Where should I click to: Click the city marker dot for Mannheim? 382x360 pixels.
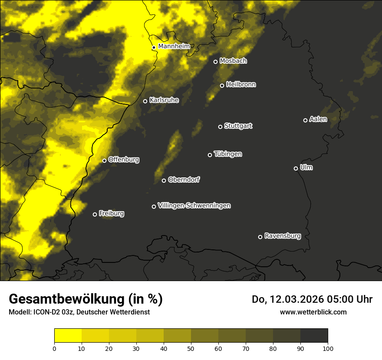(154, 48)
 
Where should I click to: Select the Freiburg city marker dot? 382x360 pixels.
(95, 214)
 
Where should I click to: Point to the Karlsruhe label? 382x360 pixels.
(164, 100)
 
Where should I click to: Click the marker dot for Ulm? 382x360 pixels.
(296, 168)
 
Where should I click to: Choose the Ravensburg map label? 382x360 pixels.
(283, 236)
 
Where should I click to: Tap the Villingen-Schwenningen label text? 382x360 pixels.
(194, 206)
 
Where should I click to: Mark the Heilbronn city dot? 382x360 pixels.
(222, 85)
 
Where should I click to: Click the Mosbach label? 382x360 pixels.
(233, 61)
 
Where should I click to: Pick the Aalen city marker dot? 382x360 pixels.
(306, 120)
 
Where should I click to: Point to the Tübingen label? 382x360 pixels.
(228, 154)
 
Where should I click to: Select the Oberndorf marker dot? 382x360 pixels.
(164, 180)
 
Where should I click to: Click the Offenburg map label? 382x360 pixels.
(124, 160)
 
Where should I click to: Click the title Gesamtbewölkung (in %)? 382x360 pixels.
(86, 299)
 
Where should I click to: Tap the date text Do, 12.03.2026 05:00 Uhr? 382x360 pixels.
(312, 299)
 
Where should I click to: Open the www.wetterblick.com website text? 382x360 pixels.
(313, 312)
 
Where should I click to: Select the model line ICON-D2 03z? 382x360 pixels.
(79, 312)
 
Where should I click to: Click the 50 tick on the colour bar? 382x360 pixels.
(191, 348)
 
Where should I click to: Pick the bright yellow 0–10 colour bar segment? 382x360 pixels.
(68, 335)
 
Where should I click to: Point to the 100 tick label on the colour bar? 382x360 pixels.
(328, 348)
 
